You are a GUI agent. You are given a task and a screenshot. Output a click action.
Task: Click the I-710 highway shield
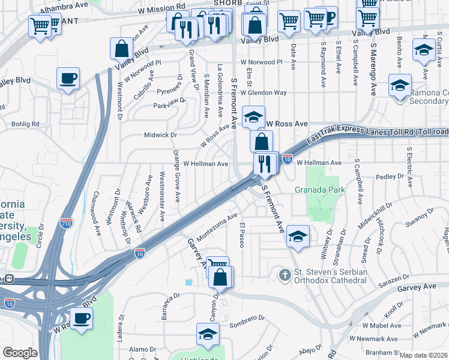click(x=66, y=224)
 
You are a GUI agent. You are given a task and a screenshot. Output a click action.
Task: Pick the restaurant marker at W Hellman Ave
click(x=265, y=163)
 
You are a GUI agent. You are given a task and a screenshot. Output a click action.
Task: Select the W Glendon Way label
click(x=264, y=93)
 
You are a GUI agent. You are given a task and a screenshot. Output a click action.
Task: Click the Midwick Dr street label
click(x=160, y=135)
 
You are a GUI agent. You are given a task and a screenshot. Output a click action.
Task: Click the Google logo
click(x=20, y=353)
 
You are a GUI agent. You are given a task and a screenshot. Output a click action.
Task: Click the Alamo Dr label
click(x=142, y=349)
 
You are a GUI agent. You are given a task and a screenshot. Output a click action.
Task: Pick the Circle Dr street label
click(x=41, y=238)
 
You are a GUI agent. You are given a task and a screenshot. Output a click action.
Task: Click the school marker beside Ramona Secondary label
click(x=399, y=86)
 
